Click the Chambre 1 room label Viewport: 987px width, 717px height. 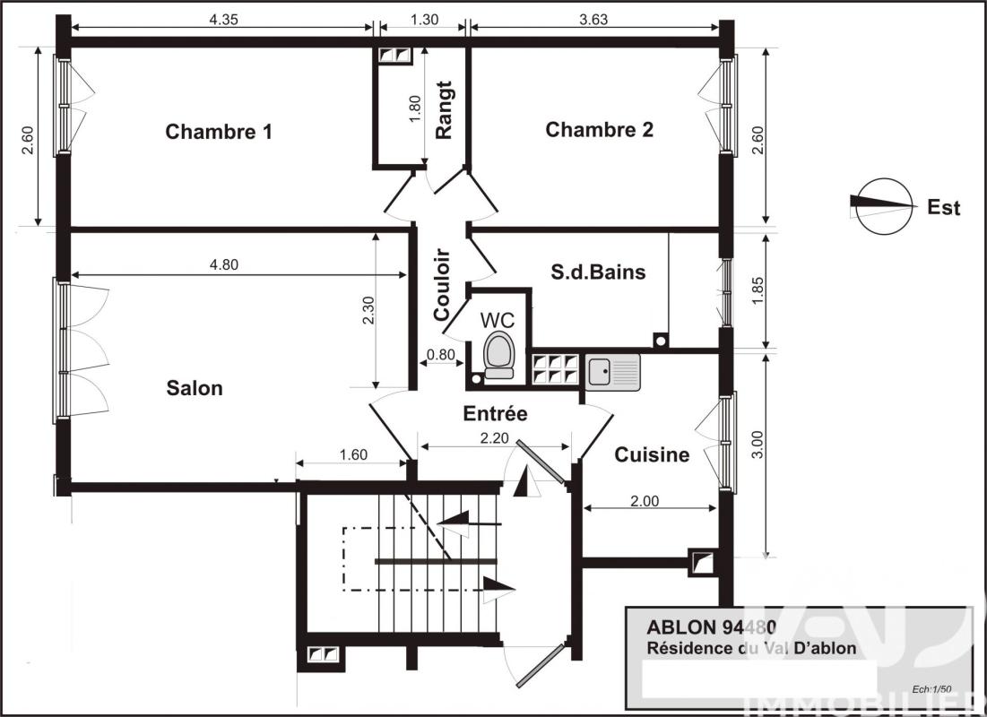click(x=219, y=132)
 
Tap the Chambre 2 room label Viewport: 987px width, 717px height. click(x=599, y=130)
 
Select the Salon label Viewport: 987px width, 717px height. click(x=195, y=388)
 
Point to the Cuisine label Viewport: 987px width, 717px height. click(x=652, y=455)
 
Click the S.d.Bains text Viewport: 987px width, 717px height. click(x=597, y=272)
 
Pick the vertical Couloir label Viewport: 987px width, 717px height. click(x=442, y=284)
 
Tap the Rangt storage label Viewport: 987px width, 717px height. click(x=444, y=110)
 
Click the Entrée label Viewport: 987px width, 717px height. click(x=495, y=414)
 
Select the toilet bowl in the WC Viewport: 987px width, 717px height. click(x=498, y=353)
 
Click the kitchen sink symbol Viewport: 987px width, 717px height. click(x=613, y=371)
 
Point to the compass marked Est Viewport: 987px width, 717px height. click(x=882, y=207)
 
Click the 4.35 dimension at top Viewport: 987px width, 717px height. click(x=223, y=19)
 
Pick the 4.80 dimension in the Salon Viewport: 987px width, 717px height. click(x=223, y=264)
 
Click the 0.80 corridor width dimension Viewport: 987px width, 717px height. click(x=440, y=354)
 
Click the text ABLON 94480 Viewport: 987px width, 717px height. click(x=712, y=627)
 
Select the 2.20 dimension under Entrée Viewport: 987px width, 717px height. click(x=494, y=437)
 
